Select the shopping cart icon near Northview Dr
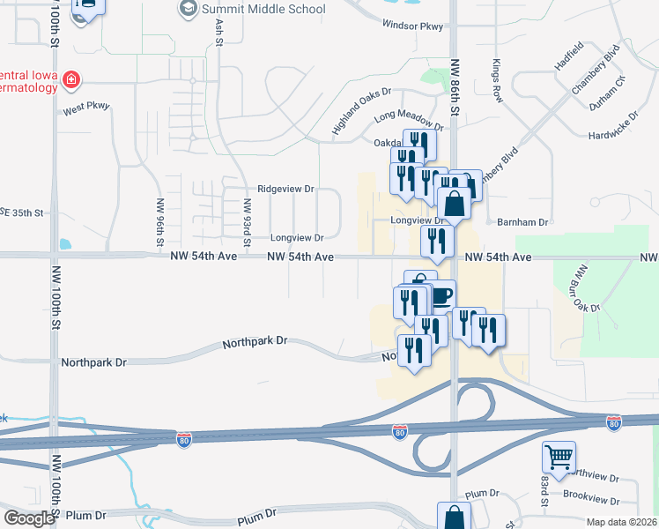pyautogui.click(x=559, y=457)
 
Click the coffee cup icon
pyautogui.click(x=441, y=294)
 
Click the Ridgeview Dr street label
pyautogui.click(x=285, y=189)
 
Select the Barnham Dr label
pyautogui.click(x=522, y=223)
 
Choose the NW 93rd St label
pyautogui.click(x=248, y=220)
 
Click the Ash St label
pyautogui.click(x=218, y=27)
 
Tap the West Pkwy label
pyautogui.click(x=86, y=108)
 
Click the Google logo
pyautogui.click(x=29, y=518)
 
